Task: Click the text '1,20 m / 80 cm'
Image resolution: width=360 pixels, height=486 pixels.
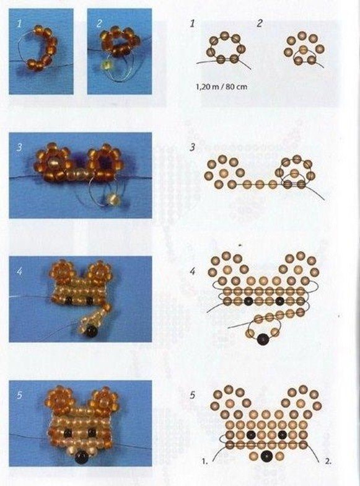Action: coord(222,87)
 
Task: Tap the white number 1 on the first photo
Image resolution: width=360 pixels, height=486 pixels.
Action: coord(20,24)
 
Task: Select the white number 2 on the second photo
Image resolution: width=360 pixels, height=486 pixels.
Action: coord(99,24)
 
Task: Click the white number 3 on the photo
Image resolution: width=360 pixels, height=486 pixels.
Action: coord(19,147)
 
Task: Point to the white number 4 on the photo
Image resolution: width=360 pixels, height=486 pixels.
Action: coord(20,272)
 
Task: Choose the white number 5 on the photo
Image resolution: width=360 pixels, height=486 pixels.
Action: coord(20,395)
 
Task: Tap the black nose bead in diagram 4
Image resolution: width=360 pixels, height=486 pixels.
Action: coord(263,339)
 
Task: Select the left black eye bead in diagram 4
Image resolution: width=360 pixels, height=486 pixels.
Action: coord(248,300)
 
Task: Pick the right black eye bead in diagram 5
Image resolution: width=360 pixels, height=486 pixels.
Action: coord(281,435)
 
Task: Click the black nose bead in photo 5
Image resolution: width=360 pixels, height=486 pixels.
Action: coord(82,457)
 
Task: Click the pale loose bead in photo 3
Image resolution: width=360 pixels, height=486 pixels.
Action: coord(110,198)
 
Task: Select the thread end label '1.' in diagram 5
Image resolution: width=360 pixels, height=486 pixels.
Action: coord(204,461)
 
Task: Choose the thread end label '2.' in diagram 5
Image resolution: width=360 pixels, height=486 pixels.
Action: coord(328,461)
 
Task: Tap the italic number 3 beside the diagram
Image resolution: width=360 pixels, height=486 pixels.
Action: coord(192,147)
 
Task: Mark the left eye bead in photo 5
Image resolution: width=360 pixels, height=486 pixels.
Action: coord(68,432)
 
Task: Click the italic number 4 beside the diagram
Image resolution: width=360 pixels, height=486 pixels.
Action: coord(192,272)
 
